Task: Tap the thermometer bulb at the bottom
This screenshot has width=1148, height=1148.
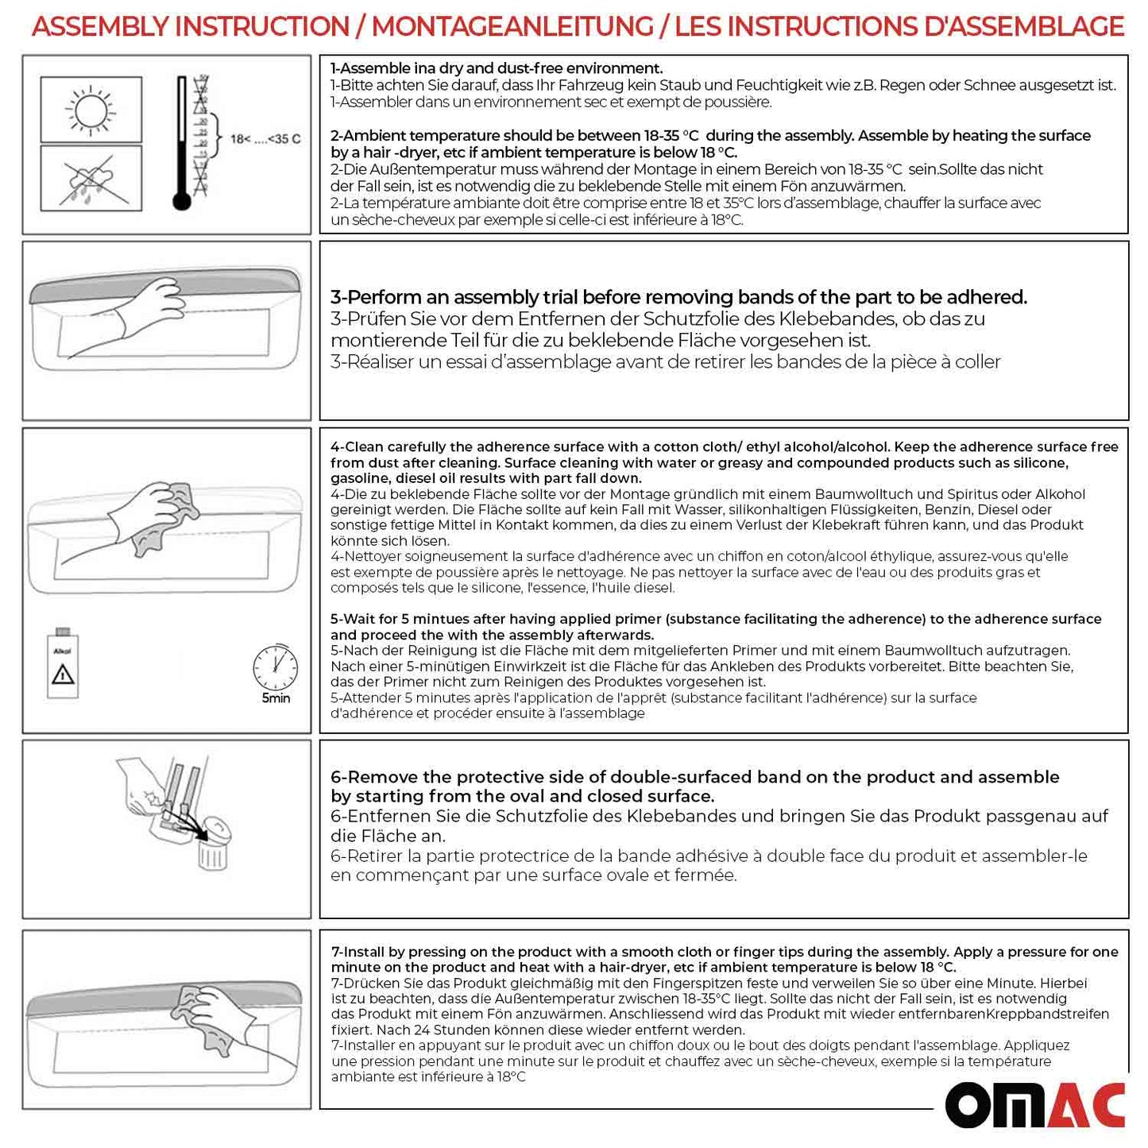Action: tap(182, 202)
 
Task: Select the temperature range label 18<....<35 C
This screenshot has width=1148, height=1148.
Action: tap(265, 139)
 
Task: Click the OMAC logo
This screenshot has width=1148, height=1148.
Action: tap(1035, 1104)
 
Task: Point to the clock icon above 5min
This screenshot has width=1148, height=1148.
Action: tap(275, 667)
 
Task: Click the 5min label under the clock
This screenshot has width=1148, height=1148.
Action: tap(276, 698)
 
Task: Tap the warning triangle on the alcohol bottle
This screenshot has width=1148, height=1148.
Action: tap(63, 675)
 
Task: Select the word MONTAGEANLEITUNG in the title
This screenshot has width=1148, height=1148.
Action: tap(512, 26)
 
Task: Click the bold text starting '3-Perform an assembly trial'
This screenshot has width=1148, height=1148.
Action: tap(678, 297)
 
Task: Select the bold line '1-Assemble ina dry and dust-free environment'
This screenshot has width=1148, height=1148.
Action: tap(497, 68)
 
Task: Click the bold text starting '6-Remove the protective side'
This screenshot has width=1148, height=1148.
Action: tap(694, 786)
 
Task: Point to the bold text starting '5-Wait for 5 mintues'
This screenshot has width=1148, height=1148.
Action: tap(715, 627)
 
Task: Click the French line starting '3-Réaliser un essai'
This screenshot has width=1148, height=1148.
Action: tap(665, 362)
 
